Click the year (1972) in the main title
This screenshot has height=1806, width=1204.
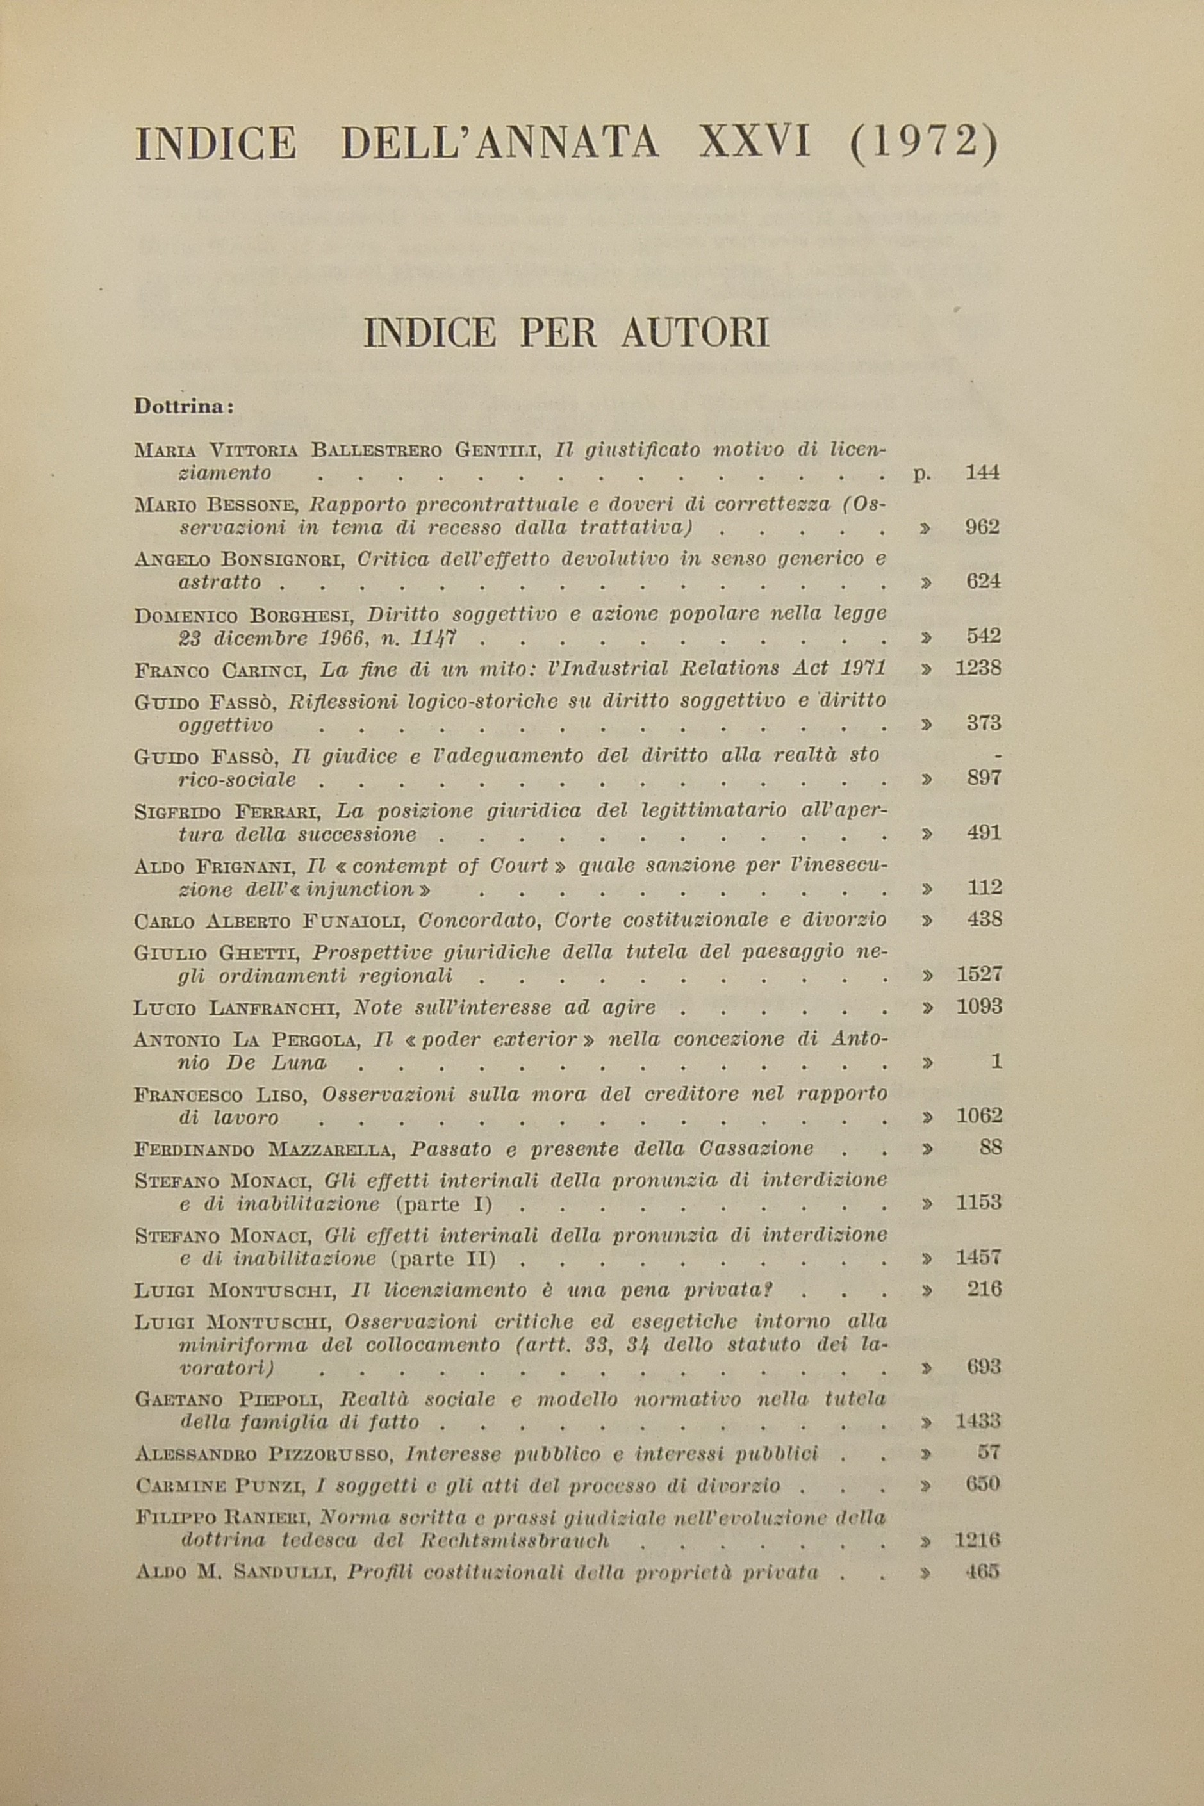[x=925, y=144]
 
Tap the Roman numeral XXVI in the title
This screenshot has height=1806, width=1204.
[x=754, y=144]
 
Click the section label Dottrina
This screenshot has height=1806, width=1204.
[x=183, y=406]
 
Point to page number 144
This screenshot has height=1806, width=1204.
[x=983, y=473]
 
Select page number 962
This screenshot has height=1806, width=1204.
[x=983, y=527]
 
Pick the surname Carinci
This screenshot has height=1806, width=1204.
[x=264, y=670]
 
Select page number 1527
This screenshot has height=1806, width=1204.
[x=978, y=975]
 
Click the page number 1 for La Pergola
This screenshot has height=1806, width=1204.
[x=996, y=1062]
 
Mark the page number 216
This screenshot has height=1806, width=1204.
[x=984, y=1290]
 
